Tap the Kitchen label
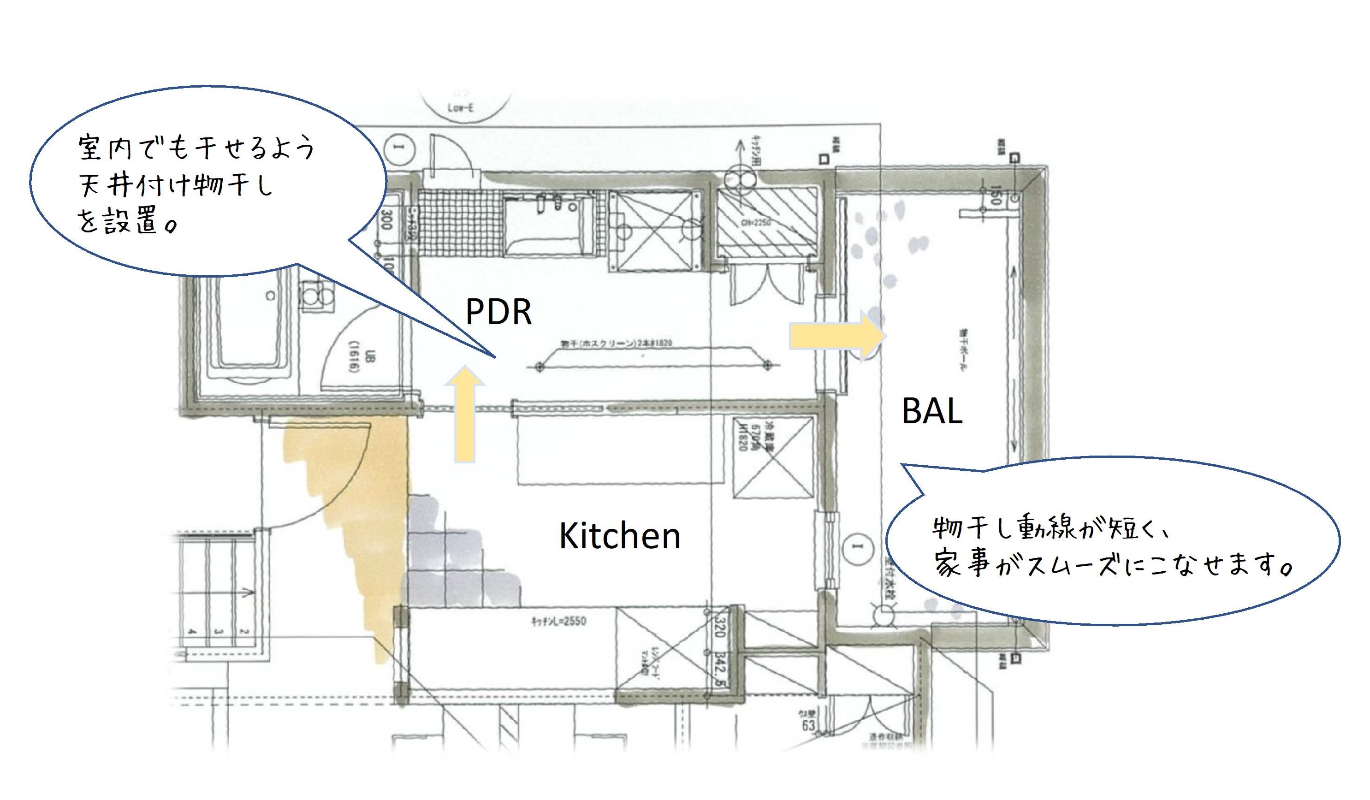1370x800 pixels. [x=619, y=536]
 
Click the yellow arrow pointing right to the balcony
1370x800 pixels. [x=837, y=335]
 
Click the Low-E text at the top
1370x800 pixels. [x=461, y=107]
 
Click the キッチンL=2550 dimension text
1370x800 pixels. [x=558, y=621]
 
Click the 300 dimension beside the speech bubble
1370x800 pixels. [x=386, y=219]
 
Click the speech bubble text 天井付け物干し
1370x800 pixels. [x=175, y=185]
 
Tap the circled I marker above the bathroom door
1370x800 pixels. [x=400, y=148]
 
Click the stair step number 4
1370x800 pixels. [x=192, y=632]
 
